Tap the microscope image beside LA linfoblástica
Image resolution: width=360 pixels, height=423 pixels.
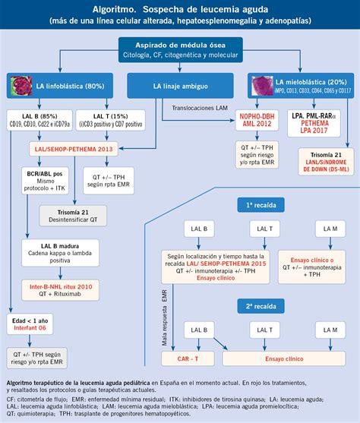coord(21,85)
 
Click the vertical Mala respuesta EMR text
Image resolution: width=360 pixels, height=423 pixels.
coord(164,316)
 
